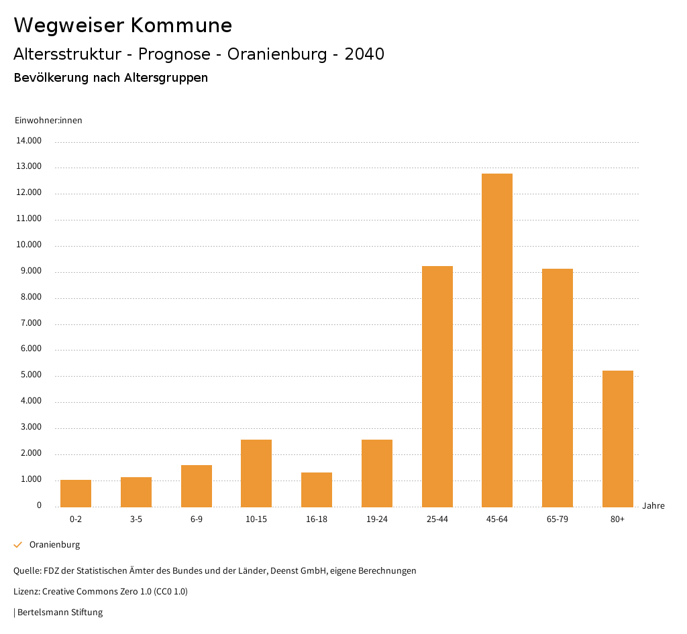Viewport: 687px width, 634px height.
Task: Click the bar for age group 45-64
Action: (x=497, y=340)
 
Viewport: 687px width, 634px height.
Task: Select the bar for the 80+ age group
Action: (x=617, y=439)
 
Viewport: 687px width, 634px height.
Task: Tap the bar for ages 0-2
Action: (x=76, y=493)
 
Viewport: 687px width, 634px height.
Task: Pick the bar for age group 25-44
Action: (x=437, y=387)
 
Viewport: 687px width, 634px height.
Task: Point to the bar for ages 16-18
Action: (x=317, y=490)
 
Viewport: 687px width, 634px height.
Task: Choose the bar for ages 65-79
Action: (x=558, y=388)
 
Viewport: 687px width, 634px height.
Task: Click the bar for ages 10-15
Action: (x=256, y=473)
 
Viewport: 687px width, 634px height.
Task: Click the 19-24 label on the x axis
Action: (x=377, y=519)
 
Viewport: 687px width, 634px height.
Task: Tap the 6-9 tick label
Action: (x=197, y=519)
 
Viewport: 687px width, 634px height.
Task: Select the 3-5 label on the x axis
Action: (x=136, y=519)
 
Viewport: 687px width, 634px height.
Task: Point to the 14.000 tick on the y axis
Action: (x=29, y=141)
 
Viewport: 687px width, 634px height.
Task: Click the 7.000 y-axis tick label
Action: (x=29, y=323)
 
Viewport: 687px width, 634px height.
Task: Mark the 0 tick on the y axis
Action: (x=39, y=505)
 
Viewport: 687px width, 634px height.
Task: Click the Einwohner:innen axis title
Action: (x=48, y=121)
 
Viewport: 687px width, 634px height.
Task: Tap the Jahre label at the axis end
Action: (x=653, y=506)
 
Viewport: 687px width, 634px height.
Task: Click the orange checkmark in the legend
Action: (x=18, y=545)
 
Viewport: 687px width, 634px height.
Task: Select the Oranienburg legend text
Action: (x=54, y=545)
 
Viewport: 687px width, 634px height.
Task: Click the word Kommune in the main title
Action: (x=182, y=25)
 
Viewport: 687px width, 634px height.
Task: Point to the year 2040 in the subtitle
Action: (x=364, y=54)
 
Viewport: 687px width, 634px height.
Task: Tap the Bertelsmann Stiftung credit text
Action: (x=60, y=612)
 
